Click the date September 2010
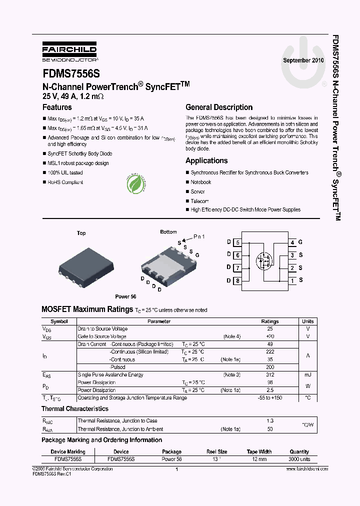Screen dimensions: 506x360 coord(303,60)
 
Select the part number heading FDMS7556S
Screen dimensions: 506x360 coord(71,73)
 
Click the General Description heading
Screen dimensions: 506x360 coord(219,107)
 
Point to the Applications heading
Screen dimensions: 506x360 coord(206,160)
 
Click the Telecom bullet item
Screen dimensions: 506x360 coord(199,201)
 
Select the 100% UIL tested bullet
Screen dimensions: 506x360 coord(65,172)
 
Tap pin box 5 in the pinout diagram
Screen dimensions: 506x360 coord(238,242)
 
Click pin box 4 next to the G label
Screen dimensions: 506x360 coord(292,242)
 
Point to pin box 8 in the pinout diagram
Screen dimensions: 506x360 coord(238,280)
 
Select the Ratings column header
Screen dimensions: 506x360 coord(270,321)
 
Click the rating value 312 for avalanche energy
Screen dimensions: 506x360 coord(270,374)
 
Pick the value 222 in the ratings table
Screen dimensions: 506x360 coord(270,351)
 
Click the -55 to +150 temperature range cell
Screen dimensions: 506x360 coord(270,398)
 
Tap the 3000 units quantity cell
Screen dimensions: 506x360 coord(299,458)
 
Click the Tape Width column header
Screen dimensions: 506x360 coord(259,451)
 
